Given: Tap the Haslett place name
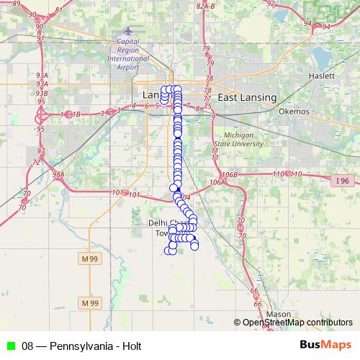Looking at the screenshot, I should pos(321,75).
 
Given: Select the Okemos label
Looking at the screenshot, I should pos(294,112).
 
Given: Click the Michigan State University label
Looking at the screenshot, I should pos(243,140).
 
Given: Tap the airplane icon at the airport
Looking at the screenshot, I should pos(128,32).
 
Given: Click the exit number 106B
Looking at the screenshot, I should pos(229,175).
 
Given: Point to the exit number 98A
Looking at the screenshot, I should pos(58,174).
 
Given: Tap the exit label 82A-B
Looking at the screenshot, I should pos(206,5).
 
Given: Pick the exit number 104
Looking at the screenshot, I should pos(186,197).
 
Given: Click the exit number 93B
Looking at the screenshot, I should pos(42,93).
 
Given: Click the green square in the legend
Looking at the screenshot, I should pos(10,345).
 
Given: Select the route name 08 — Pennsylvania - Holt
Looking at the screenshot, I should pos(81,345).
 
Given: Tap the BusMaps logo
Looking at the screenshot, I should pos(326,344).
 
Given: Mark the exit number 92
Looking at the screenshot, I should pos(271,4).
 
